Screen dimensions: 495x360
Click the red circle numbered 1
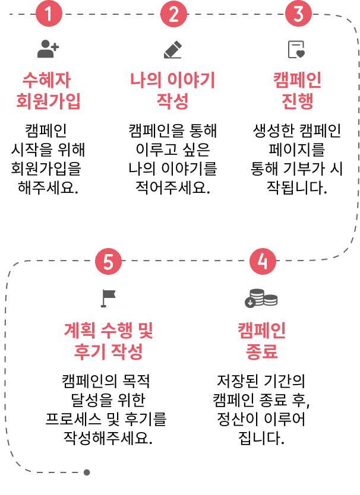pyautogui.click(x=49, y=14)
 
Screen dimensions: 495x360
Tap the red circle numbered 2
pyautogui.click(x=173, y=14)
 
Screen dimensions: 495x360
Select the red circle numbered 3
pyautogui.click(x=298, y=14)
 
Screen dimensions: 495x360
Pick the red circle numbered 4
pyautogui.click(x=263, y=261)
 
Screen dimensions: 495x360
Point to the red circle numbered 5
pyautogui.click(x=108, y=261)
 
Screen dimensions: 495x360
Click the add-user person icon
pyautogui.click(x=48, y=49)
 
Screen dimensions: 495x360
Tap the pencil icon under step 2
pyautogui.click(x=173, y=49)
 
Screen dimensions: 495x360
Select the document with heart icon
pyautogui.click(x=296, y=49)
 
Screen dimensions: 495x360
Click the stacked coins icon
pyautogui.click(x=261, y=298)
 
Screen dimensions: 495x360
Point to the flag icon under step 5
pyautogui.click(x=108, y=297)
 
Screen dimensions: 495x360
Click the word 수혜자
pyautogui.click(x=48, y=80)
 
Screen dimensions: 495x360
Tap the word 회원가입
pyautogui.click(x=48, y=101)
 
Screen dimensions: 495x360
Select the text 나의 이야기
pyautogui.click(x=173, y=80)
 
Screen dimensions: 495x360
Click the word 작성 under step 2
pyautogui.click(x=173, y=101)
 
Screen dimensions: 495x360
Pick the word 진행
pyautogui.click(x=297, y=101)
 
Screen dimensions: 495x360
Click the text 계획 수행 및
pyautogui.click(x=109, y=329)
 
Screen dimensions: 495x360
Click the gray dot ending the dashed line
pyautogui.click(x=87, y=472)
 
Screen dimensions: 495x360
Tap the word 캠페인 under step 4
pyautogui.click(x=262, y=329)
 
